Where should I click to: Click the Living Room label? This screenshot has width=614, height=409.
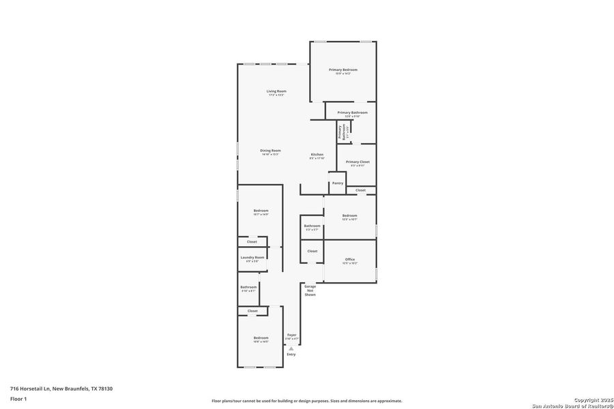click(x=276, y=91)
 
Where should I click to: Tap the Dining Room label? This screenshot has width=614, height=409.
click(x=270, y=151)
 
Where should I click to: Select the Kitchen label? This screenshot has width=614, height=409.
click(x=317, y=155)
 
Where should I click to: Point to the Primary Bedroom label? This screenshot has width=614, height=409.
click(x=343, y=70)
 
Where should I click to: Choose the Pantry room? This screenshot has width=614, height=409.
click(x=337, y=183)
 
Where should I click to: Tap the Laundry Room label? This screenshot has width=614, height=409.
click(x=252, y=257)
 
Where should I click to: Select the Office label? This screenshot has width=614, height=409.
click(x=350, y=259)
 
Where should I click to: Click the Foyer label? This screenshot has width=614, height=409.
click(x=291, y=335)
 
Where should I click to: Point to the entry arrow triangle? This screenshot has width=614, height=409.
click(x=291, y=348)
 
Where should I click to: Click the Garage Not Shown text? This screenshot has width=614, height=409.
click(x=310, y=290)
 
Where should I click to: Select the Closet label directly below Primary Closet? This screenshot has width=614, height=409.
click(x=360, y=190)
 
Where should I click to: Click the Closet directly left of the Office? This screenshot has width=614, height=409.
click(x=312, y=251)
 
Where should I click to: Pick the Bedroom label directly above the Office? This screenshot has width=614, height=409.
click(x=350, y=215)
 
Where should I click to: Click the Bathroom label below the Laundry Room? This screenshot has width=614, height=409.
click(x=248, y=287)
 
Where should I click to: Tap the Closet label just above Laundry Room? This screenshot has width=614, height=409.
click(x=252, y=241)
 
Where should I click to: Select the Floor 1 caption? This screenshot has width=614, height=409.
click(x=18, y=399)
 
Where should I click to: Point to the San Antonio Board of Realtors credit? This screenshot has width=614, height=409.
click(x=572, y=405)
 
